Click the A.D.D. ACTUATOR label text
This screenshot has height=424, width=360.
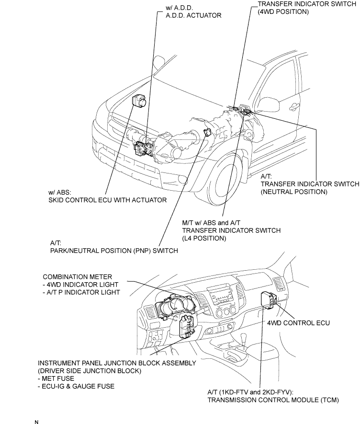(x=193, y=15)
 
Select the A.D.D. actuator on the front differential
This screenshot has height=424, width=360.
(x=143, y=148)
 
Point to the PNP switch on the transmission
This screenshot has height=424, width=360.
(x=207, y=132)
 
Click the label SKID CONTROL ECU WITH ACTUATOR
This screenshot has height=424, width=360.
(x=108, y=200)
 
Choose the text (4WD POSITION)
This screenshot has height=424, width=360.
(x=283, y=11)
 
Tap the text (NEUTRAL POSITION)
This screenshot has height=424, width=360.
(x=294, y=192)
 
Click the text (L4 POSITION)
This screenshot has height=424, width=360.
(x=204, y=238)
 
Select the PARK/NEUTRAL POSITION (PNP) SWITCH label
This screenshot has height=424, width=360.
(x=114, y=251)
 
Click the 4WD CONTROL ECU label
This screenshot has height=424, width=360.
(x=298, y=323)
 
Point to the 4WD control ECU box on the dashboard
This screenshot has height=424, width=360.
(x=269, y=300)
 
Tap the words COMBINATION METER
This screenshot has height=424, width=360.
(x=77, y=277)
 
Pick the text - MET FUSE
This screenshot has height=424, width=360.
(x=56, y=378)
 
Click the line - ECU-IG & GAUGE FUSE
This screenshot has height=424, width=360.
(x=76, y=386)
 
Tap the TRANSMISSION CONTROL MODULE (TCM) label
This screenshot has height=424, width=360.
(x=273, y=400)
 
